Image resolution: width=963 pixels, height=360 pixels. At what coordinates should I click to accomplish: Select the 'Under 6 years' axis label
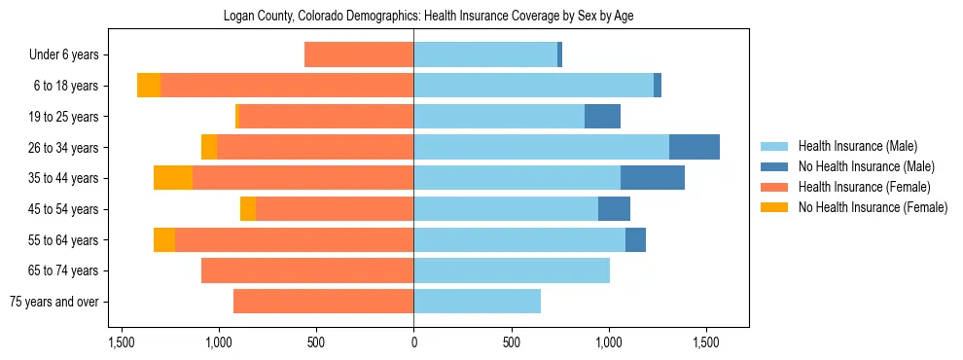point(63,55)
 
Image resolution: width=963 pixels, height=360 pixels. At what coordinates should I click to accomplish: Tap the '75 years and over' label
point(53,302)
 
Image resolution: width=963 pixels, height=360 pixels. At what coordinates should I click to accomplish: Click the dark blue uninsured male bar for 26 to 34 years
point(695,147)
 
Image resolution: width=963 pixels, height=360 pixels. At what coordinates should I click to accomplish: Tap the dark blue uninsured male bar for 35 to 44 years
point(653,178)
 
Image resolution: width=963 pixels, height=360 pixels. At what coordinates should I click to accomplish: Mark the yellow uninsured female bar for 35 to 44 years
point(173,178)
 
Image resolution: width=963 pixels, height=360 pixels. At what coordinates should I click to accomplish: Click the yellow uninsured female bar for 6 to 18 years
point(149,86)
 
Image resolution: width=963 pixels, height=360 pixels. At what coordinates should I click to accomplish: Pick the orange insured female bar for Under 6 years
point(359,54)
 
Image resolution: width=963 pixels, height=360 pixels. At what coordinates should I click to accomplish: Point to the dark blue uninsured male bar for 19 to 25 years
point(602,117)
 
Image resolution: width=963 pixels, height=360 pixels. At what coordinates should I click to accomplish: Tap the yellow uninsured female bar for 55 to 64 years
point(164,239)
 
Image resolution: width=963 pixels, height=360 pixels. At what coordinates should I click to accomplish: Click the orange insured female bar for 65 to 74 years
point(307,270)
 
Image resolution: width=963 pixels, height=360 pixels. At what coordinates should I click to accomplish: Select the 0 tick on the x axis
point(413,342)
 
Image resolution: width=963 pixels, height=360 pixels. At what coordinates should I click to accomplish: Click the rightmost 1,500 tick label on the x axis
point(706,342)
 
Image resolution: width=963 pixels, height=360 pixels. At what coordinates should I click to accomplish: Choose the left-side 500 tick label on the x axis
point(316,342)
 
